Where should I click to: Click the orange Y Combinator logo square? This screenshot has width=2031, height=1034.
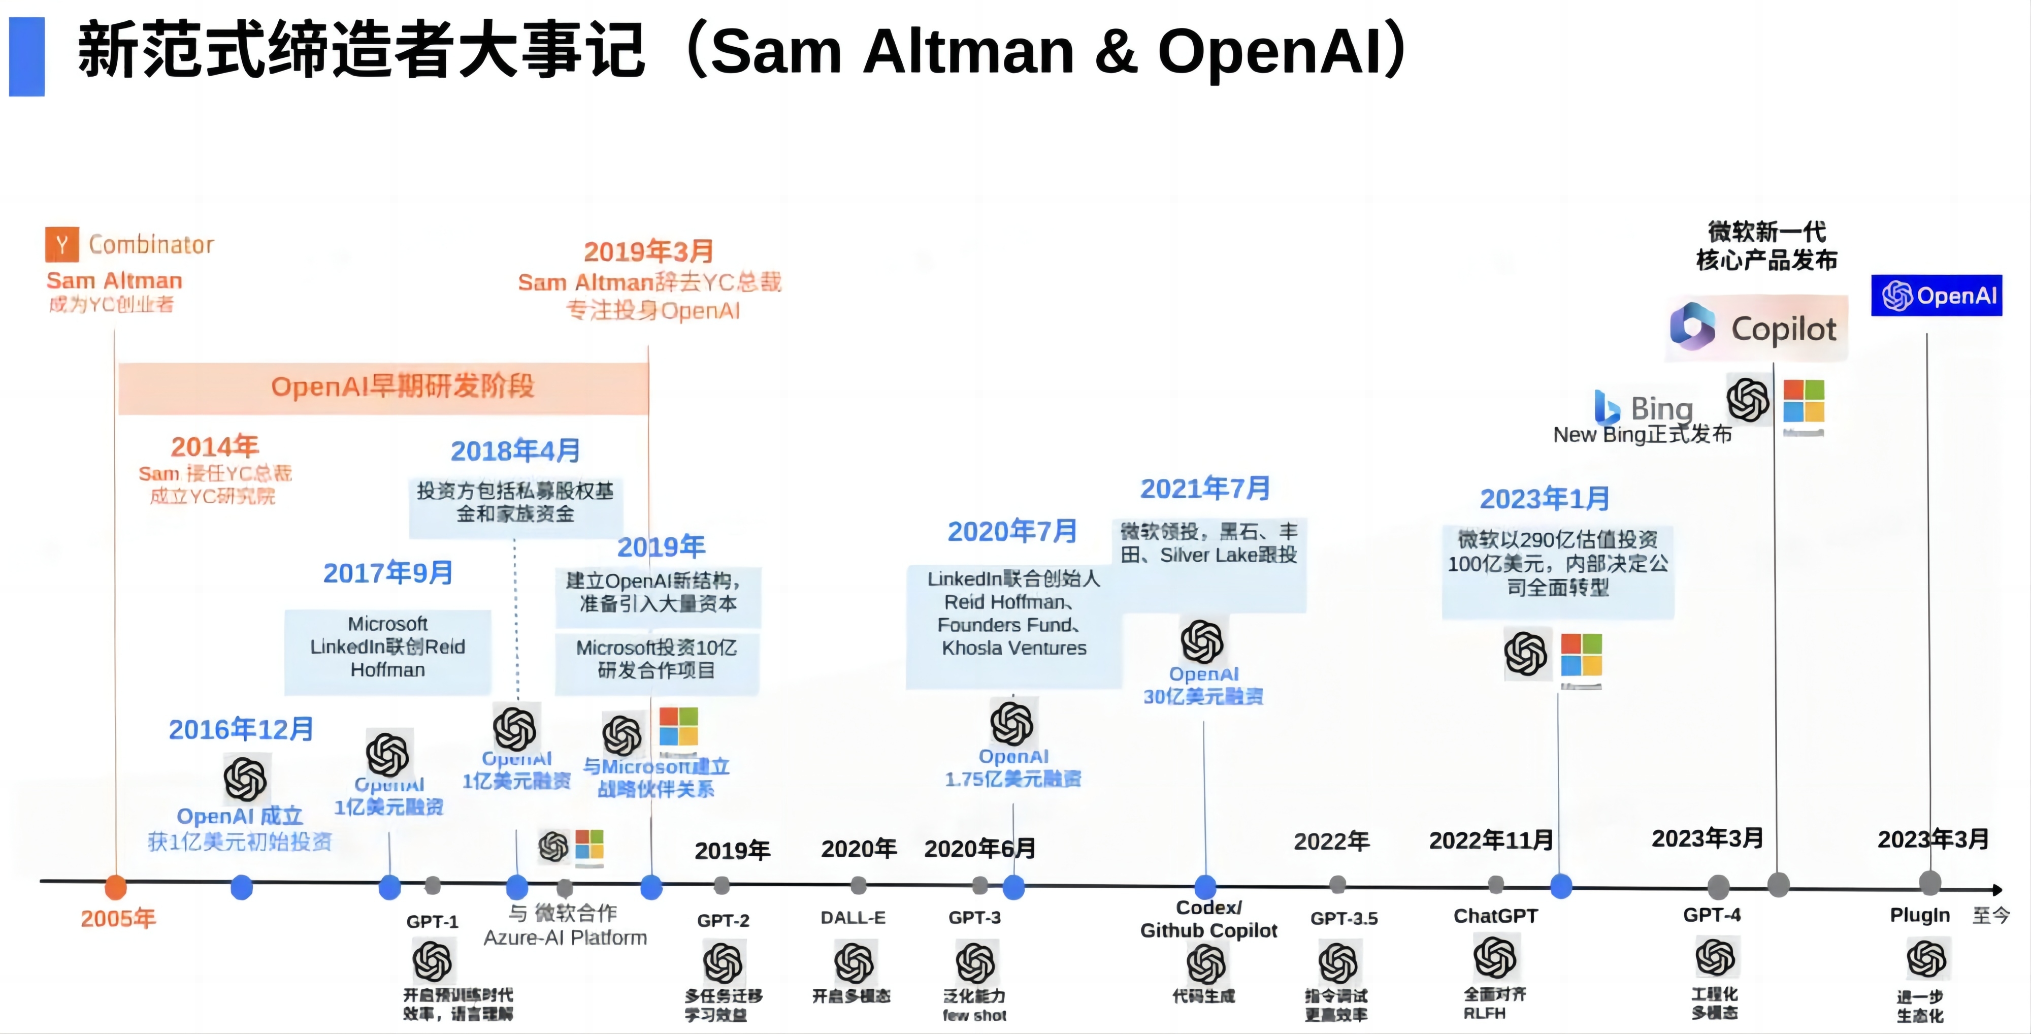coord(61,244)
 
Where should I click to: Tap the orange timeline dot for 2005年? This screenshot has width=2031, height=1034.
coord(116,887)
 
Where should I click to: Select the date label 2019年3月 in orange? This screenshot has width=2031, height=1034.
coord(648,251)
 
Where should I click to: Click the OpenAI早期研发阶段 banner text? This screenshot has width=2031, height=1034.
coord(402,386)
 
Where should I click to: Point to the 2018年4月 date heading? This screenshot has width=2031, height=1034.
coord(516,451)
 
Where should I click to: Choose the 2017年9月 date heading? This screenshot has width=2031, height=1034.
coord(388,572)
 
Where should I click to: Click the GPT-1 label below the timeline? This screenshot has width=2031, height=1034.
coord(432,921)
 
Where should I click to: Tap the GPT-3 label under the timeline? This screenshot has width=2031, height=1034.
coord(974,917)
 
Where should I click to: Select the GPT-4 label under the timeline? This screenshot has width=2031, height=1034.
coord(1712,915)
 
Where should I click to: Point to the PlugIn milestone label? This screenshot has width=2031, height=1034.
coord(1920,915)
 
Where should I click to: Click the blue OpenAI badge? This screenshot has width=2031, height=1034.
coord(1937,296)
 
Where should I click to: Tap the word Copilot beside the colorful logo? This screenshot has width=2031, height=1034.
coord(1783,329)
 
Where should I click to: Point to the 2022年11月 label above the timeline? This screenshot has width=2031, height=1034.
coord(1491,840)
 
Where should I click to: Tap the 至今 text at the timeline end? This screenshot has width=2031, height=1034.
coord(1991,915)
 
